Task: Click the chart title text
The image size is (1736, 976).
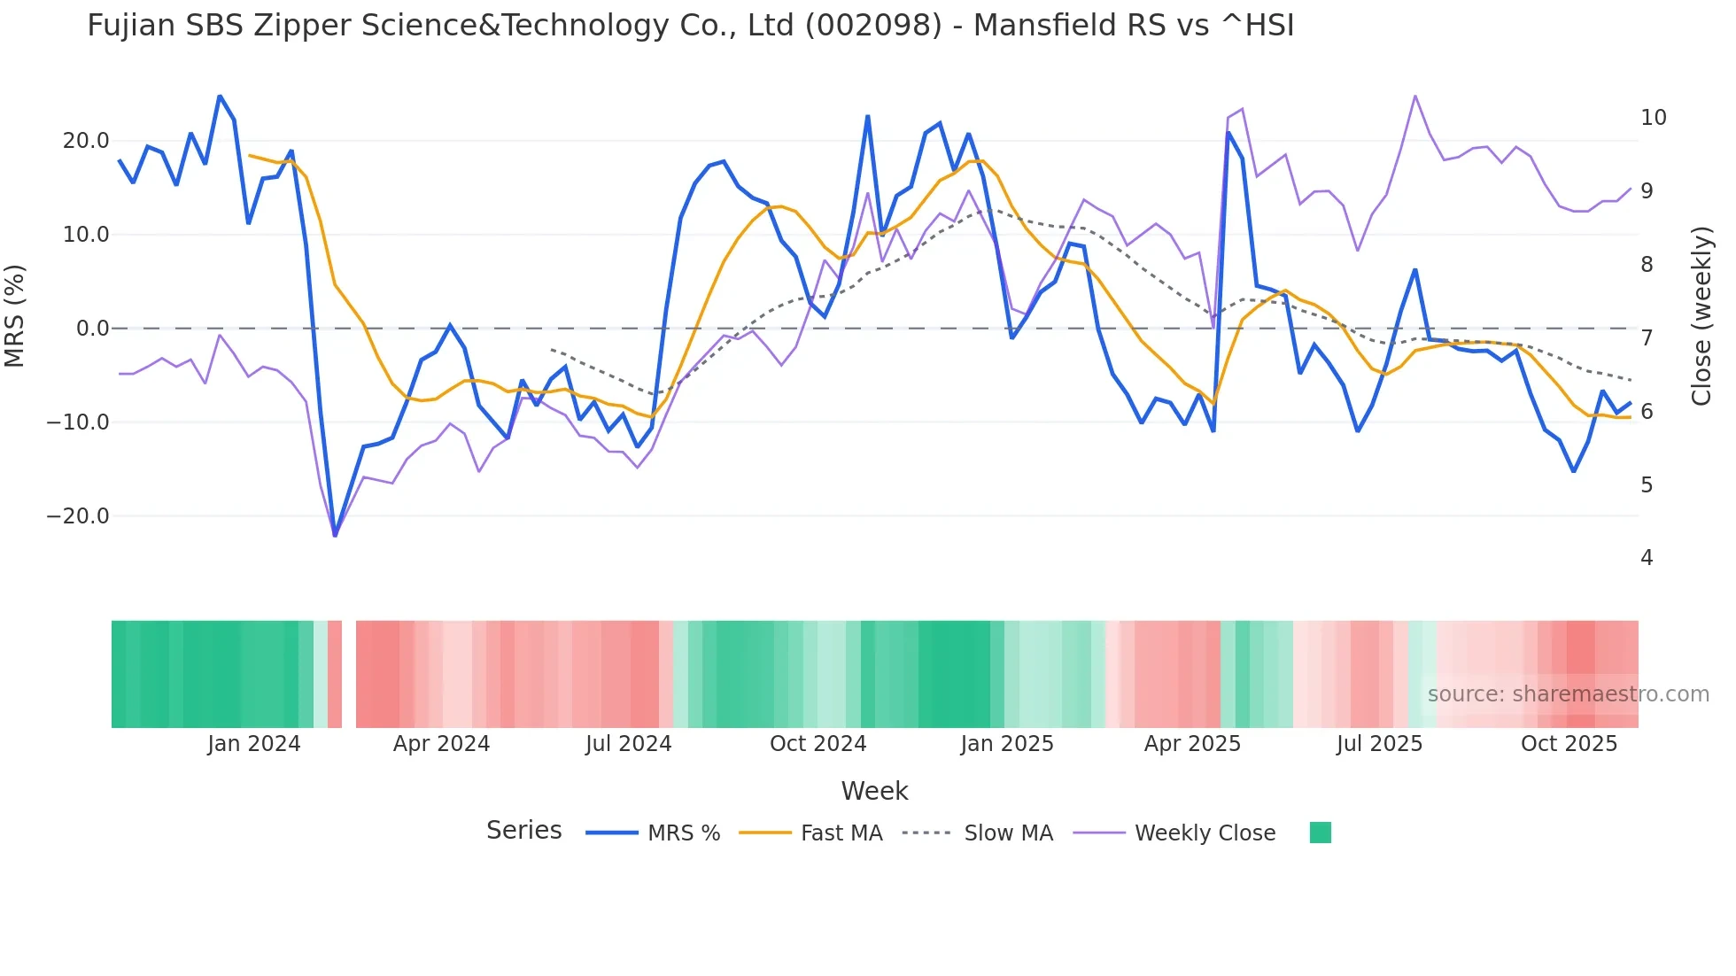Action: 690,26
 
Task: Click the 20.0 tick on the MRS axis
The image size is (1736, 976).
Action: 86,141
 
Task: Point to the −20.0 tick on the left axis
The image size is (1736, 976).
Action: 78,516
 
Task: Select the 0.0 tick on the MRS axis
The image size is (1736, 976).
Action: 93,329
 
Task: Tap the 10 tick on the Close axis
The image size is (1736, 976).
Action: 1653,118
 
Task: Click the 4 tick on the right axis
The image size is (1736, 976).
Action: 1647,558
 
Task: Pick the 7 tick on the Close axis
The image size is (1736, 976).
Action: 1647,338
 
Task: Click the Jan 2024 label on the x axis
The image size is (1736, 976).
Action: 254,744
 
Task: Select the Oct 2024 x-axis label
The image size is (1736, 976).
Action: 818,744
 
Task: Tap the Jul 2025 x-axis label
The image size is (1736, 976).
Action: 1379,744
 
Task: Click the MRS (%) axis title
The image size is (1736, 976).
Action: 15,315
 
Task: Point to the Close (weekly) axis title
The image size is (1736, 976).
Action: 1701,316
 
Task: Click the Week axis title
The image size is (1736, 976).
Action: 874,791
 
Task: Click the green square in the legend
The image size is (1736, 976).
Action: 1320,833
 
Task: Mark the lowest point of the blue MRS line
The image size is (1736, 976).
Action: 335,535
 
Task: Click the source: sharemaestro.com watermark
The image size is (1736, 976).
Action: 1568,694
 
